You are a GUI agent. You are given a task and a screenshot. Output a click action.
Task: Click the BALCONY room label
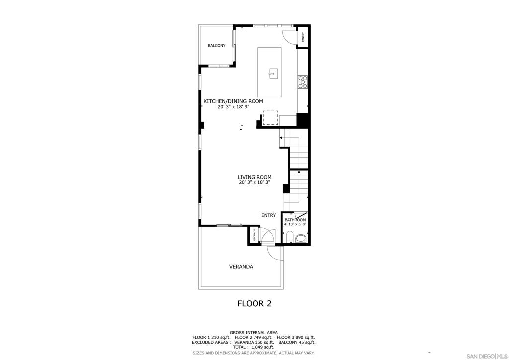[217, 46]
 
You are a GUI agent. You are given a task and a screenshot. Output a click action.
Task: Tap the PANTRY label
[303, 38]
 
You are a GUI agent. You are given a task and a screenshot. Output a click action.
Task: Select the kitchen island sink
[272, 74]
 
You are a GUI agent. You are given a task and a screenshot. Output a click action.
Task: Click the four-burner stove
[303, 82]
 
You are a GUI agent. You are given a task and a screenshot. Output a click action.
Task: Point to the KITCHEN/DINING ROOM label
[233, 101]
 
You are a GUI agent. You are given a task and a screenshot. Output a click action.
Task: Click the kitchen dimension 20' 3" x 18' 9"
[234, 107]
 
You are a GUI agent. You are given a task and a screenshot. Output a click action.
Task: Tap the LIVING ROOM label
[254, 177]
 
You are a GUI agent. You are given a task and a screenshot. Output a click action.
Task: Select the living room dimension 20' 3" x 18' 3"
[254, 182]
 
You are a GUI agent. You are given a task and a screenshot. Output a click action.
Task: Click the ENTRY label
[269, 215]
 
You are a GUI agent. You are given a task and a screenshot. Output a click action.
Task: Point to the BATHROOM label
[295, 220]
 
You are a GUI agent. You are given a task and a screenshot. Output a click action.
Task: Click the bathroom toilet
[290, 237]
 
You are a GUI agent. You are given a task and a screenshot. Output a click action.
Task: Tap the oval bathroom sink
[301, 238]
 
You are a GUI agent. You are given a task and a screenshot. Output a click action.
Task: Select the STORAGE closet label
[254, 234]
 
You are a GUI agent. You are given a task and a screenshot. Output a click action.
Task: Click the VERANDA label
[241, 267]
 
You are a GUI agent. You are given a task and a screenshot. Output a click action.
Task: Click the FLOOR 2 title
[254, 303]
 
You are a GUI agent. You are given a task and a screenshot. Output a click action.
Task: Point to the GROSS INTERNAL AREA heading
[254, 333]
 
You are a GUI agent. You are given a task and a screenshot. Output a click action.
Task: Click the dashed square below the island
[270, 117]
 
